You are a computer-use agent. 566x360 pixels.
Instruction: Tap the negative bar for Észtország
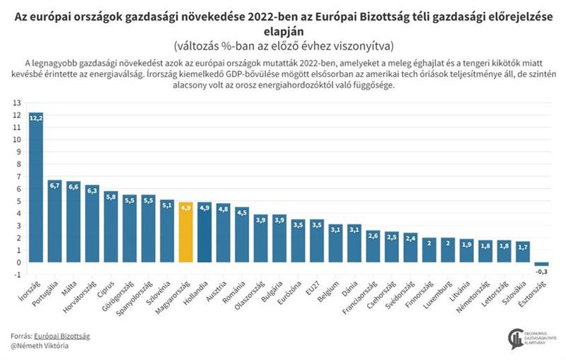coord(541,264)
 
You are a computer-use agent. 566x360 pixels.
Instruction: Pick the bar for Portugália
coord(55,221)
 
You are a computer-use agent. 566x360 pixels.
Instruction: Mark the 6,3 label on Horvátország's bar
coord(92,190)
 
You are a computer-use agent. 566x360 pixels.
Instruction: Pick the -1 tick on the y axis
coord(16,274)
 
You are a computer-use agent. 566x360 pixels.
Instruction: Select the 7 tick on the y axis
coord(17,176)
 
